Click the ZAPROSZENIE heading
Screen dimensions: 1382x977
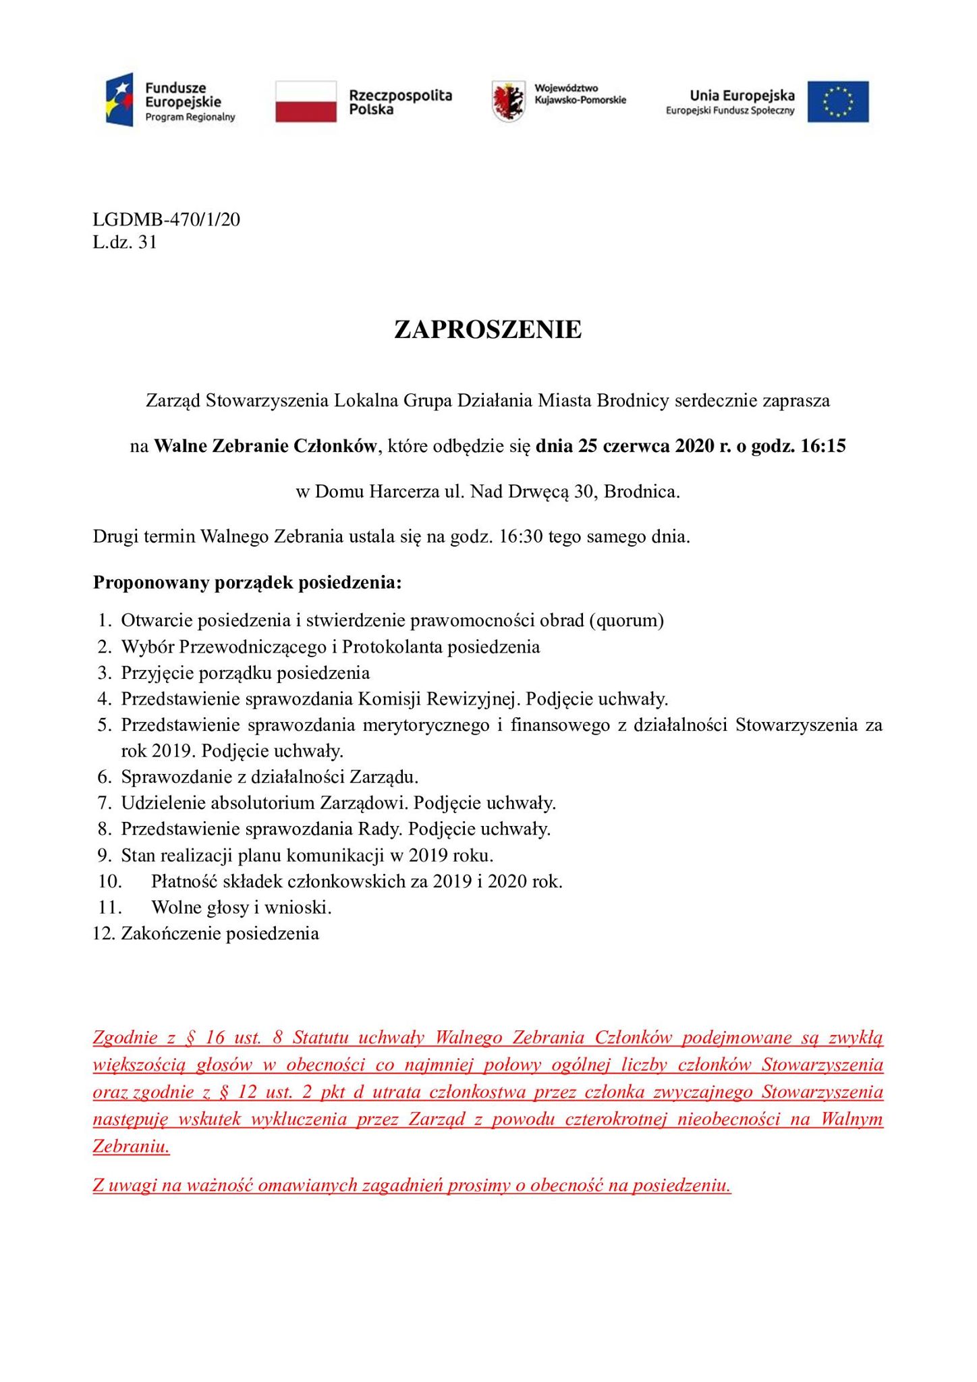[488, 329]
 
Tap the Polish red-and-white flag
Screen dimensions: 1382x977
[306, 101]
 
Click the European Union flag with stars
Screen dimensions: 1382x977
[839, 102]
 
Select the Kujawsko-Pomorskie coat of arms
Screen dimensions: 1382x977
[508, 101]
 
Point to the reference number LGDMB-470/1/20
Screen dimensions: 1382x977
[167, 219]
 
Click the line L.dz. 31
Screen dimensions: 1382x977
[125, 242]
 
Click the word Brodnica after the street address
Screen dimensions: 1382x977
[641, 492]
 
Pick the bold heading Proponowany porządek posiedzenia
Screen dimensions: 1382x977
[248, 582]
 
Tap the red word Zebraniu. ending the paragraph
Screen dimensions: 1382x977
[132, 1146]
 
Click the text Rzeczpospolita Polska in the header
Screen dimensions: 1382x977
[400, 102]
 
